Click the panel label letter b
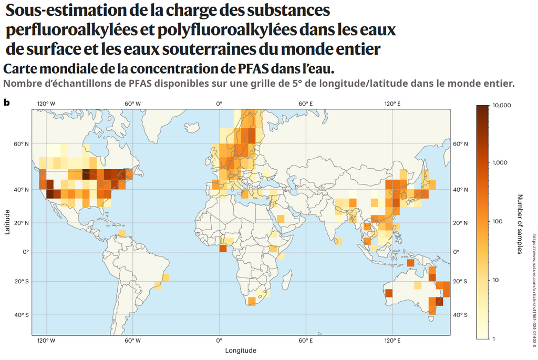[7, 102]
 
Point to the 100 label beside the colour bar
[498, 221]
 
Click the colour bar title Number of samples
[520, 224]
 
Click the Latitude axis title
[7, 222]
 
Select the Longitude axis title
[241, 350]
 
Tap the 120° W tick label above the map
[46, 104]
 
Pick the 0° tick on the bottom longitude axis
[219, 341]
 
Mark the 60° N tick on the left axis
[22, 144]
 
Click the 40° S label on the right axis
[461, 315]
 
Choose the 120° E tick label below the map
[392, 341]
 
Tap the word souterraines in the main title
[202, 49]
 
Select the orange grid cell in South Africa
[252, 301]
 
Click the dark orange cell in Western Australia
[389, 293]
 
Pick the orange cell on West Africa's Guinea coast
[223, 248]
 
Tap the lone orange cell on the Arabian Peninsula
[281, 219]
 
